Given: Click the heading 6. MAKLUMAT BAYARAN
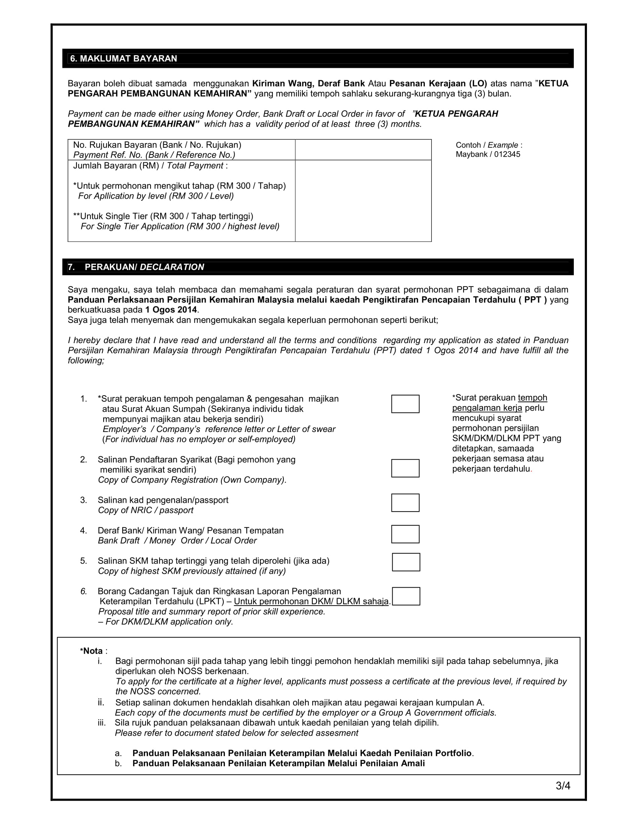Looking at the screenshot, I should pyautogui.click(x=123, y=58).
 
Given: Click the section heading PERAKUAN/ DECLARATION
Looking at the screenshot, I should pyautogui.click(x=144, y=267).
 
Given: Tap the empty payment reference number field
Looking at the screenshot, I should pyautogui.click(x=363, y=150).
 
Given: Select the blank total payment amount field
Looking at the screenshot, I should pyautogui.click(x=363, y=201).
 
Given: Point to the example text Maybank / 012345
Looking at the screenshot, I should pyautogui.click(x=488, y=154).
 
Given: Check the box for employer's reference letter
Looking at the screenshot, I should pyautogui.click(x=405, y=404).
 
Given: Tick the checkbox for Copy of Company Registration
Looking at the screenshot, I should pyautogui.click(x=405, y=468).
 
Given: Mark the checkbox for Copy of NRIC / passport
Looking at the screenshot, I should pyautogui.click(x=405, y=503).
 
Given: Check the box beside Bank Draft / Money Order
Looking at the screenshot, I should pyautogui.click(x=405, y=534).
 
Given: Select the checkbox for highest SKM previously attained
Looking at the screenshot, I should pyautogui.click(x=406, y=562).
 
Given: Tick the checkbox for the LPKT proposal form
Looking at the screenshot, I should pyautogui.click(x=406, y=596).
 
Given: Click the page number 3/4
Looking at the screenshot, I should pyautogui.click(x=563, y=786).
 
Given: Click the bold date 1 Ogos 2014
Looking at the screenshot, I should pyautogui.click(x=171, y=310).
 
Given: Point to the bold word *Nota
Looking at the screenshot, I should pyautogui.click(x=92, y=651).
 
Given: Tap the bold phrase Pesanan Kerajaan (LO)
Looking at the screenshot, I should pyautogui.click(x=438, y=84).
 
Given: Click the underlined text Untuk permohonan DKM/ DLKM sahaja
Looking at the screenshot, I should pyautogui.click(x=311, y=601).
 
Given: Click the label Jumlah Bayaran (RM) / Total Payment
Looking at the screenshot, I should pyautogui.click(x=150, y=166).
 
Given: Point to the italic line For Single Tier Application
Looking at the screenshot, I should pyautogui.click(x=180, y=226).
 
